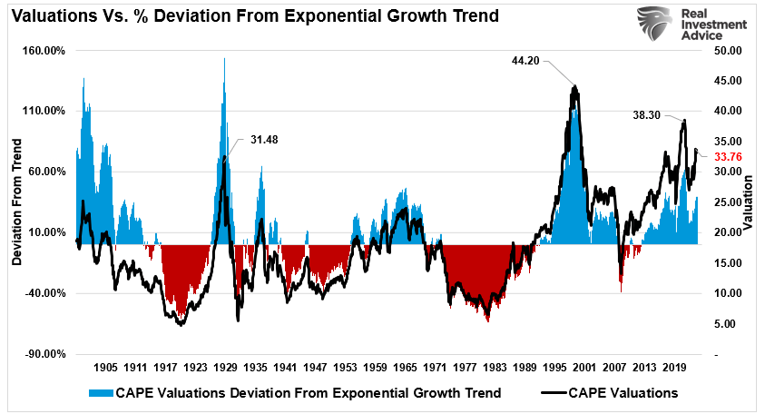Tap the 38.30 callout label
[x=647, y=115]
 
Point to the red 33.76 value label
[x=729, y=156]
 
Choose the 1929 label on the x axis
[x=225, y=369]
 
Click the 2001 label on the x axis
[x=584, y=369]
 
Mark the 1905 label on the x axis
[x=105, y=369]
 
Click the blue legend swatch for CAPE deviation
[x=99, y=393]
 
